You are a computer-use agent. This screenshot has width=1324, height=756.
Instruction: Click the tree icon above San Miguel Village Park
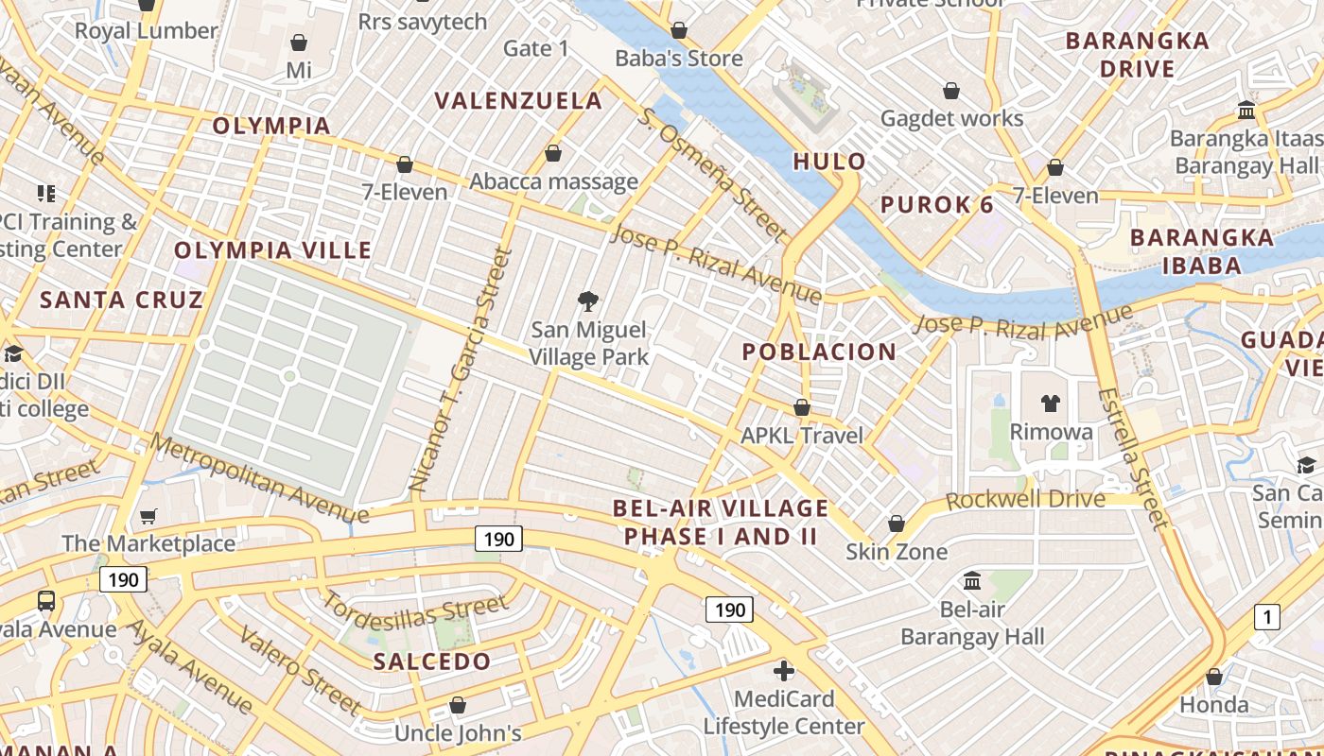coord(588,301)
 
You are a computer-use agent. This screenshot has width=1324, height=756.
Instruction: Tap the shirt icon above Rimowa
coord(1050,404)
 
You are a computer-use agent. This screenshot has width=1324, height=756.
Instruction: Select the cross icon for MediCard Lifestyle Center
coord(784,671)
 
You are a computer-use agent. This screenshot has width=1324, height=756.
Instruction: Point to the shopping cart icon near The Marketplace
coord(148,516)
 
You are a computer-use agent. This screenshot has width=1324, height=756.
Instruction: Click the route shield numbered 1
coord(1266,617)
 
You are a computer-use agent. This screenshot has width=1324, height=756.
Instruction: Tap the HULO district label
coord(829,162)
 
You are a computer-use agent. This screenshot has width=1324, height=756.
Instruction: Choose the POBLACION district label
coord(819,352)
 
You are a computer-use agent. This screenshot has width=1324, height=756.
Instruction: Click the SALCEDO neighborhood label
coord(432,661)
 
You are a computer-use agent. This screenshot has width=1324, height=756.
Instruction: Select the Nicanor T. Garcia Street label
coord(460,369)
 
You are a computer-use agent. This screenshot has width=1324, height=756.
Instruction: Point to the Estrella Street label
coord(1132,457)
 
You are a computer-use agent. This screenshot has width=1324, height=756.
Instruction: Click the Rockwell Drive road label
coord(1025,499)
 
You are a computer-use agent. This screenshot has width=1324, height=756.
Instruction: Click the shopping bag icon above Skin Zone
coord(897,524)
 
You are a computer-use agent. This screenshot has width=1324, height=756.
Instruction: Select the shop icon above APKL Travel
coord(802,407)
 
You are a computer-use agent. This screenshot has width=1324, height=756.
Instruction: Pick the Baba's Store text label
coord(679,59)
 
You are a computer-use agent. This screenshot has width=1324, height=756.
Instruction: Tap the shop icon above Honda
coord(1214,677)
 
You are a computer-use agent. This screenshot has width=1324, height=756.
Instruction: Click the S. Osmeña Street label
coord(711,174)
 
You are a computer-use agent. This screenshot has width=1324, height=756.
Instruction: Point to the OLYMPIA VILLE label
coord(273,250)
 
